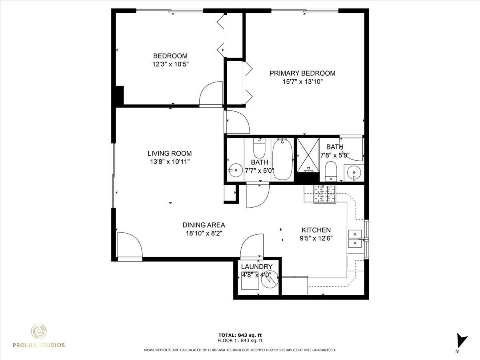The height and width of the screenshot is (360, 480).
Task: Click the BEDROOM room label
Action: [x=170, y=56]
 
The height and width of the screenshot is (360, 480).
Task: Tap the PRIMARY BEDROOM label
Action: [x=302, y=73]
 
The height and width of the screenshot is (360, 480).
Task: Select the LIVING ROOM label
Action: [x=170, y=154]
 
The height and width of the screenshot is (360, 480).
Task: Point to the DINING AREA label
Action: [x=204, y=225]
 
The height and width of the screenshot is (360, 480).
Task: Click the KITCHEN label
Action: [x=316, y=230]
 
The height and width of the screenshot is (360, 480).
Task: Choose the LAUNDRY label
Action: [x=257, y=267]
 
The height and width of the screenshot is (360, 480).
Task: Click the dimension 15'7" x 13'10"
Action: [x=303, y=82]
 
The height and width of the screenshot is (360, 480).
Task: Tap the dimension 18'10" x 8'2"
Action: [x=204, y=234]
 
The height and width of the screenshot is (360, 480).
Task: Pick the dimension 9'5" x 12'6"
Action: [x=316, y=238]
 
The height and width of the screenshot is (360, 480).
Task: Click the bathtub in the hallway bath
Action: [x=283, y=159]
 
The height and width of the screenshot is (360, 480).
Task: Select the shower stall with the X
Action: [x=308, y=155]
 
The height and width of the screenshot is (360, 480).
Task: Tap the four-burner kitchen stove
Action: [x=325, y=194]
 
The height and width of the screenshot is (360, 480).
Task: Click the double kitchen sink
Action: [x=355, y=239]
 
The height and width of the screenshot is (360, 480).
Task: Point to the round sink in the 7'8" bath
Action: [x=354, y=173]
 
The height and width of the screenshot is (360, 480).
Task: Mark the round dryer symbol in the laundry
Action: [x=270, y=282]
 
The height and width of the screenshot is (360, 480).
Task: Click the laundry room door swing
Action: [x=252, y=246]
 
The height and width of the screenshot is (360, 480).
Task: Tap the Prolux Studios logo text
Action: [x=39, y=345]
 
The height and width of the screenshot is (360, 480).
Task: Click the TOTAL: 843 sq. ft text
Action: [x=240, y=335]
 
